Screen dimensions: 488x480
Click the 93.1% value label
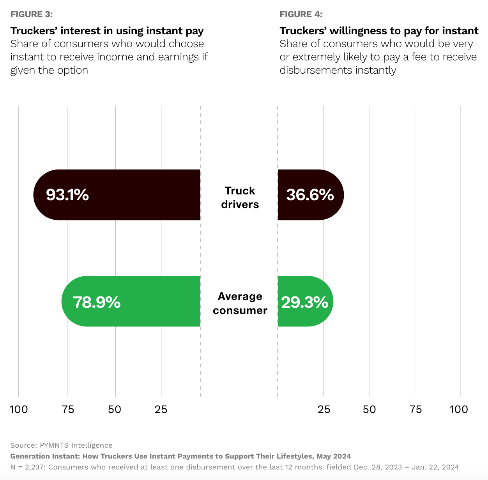click(67, 195)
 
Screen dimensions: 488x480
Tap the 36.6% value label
click(310, 195)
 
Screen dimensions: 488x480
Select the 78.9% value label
click(97, 302)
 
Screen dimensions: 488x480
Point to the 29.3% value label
click(305, 302)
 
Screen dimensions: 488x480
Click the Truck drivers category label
click(240, 198)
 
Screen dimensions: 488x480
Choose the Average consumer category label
click(240, 303)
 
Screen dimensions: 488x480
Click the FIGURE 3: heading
click(32, 14)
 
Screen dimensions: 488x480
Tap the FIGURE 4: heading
click(301, 14)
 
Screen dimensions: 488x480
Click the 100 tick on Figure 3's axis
click(18, 409)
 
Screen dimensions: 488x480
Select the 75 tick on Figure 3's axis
click(68, 409)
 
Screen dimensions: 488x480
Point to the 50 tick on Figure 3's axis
click(115, 409)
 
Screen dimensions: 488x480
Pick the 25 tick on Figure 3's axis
click(161, 409)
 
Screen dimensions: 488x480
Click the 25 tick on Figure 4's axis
click(324, 409)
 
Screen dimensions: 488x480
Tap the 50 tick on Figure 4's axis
click(369, 409)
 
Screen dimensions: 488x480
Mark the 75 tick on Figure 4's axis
click(416, 409)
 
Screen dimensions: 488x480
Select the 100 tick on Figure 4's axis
click(459, 409)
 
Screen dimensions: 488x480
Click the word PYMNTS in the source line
click(54, 445)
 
